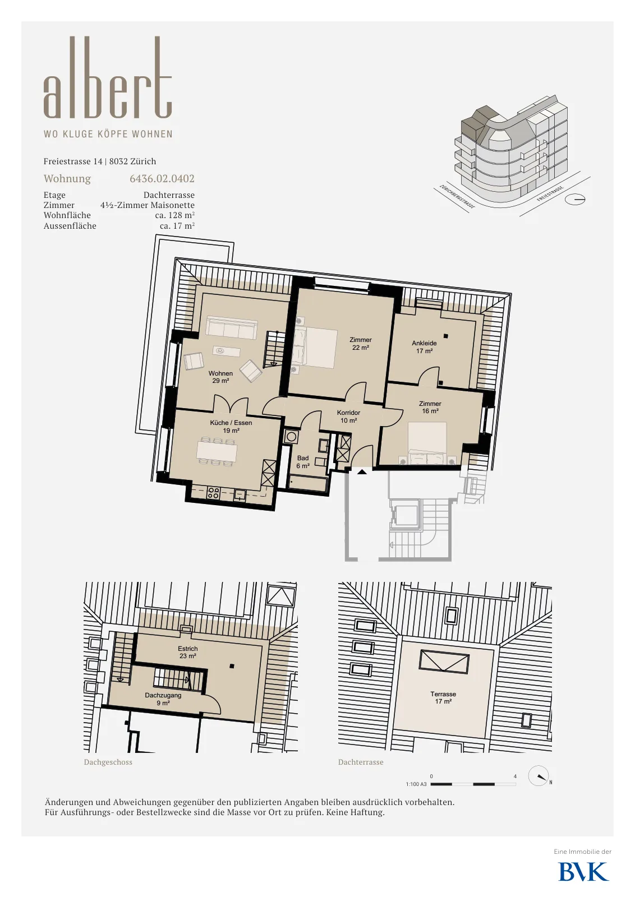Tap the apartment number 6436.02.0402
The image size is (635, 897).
click(x=162, y=179)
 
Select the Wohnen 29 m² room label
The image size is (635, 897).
click(x=220, y=377)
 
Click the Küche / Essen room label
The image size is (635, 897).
click(x=231, y=427)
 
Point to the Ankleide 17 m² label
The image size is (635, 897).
click(x=424, y=347)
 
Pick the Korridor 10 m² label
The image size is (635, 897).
click(x=348, y=417)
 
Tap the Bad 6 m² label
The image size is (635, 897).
click(x=303, y=462)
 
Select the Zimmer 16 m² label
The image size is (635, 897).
click(x=430, y=407)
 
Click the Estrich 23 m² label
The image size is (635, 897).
click(x=187, y=653)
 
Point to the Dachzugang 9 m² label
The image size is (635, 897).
click(x=163, y=699)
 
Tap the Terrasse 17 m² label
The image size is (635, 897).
click(x=444, y=697)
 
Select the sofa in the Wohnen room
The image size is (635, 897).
click(x=232, y=327)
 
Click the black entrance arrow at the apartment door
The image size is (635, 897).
click(x=362, y=471)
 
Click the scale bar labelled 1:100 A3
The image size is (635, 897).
click(x=473, y=784)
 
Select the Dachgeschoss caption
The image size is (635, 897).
click(x=108, y=762)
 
